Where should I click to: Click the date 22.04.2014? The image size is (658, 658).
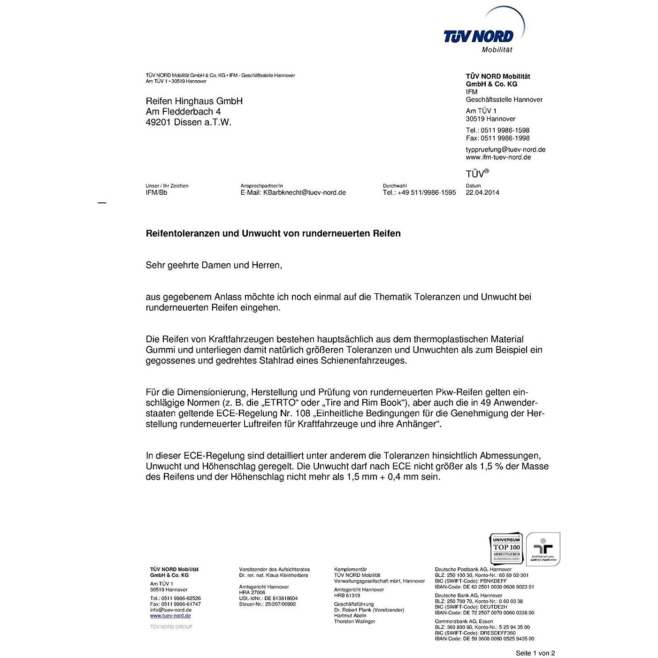click(482, 192)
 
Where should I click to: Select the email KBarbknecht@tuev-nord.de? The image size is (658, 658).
click(304, 192)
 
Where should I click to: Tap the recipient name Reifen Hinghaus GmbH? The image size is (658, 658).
click(194, 101)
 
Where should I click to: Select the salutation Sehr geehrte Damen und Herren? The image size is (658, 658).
click(214, 265)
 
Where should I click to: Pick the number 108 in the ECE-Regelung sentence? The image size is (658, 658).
click(303, 413)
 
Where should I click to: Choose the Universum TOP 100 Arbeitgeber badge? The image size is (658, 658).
click(506, 548)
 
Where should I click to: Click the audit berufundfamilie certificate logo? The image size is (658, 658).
click(543, 549)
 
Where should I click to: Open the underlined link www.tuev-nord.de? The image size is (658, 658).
click(170, 616)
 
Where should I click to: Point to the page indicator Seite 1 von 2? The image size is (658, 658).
click(535, 653)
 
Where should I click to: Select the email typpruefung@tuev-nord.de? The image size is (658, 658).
click(505, 149)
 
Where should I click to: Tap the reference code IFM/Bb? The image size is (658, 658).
click(156, 192)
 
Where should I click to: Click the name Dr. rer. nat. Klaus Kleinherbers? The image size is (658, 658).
click(274, 575)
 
